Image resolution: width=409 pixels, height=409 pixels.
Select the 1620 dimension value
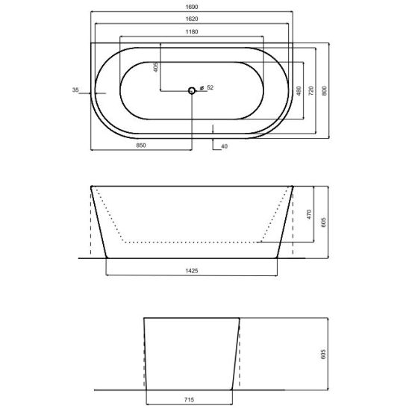click(193, 20)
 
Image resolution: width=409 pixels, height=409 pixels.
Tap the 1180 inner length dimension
click(193, 33)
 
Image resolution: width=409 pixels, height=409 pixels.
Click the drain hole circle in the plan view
click(192, 90)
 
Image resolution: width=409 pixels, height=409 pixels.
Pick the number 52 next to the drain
click(210, 88)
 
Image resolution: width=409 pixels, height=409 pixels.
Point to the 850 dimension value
click(141, 146)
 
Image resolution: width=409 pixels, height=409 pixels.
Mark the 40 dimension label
click(224, 146)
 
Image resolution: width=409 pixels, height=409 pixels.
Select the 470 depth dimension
click(308, 213)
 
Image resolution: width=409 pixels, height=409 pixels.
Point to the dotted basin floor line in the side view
click(193, 243)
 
